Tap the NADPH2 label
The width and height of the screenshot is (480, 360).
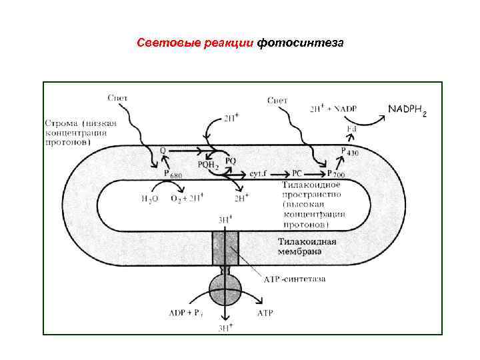pyautogui.click(x=406, y=108)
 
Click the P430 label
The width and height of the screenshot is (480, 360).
pyautogui.click(x=349, y=152)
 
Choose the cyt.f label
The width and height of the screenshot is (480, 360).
pyautogui.click(x=259, y=173)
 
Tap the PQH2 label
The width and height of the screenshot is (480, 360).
pyautogui.click(x=208, y=165)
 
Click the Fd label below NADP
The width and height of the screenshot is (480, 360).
pyautogui.click(x=351, y=128)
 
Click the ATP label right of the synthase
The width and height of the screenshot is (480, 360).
pyautogui.click(x=264, y=311)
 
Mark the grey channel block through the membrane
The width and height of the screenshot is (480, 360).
pyautogui.click(x=227, y=249)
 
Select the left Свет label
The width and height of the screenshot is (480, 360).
pyautogui.click(x=118, y=97)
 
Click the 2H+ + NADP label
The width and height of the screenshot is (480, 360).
pyautogui.click(x=335, y=109)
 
